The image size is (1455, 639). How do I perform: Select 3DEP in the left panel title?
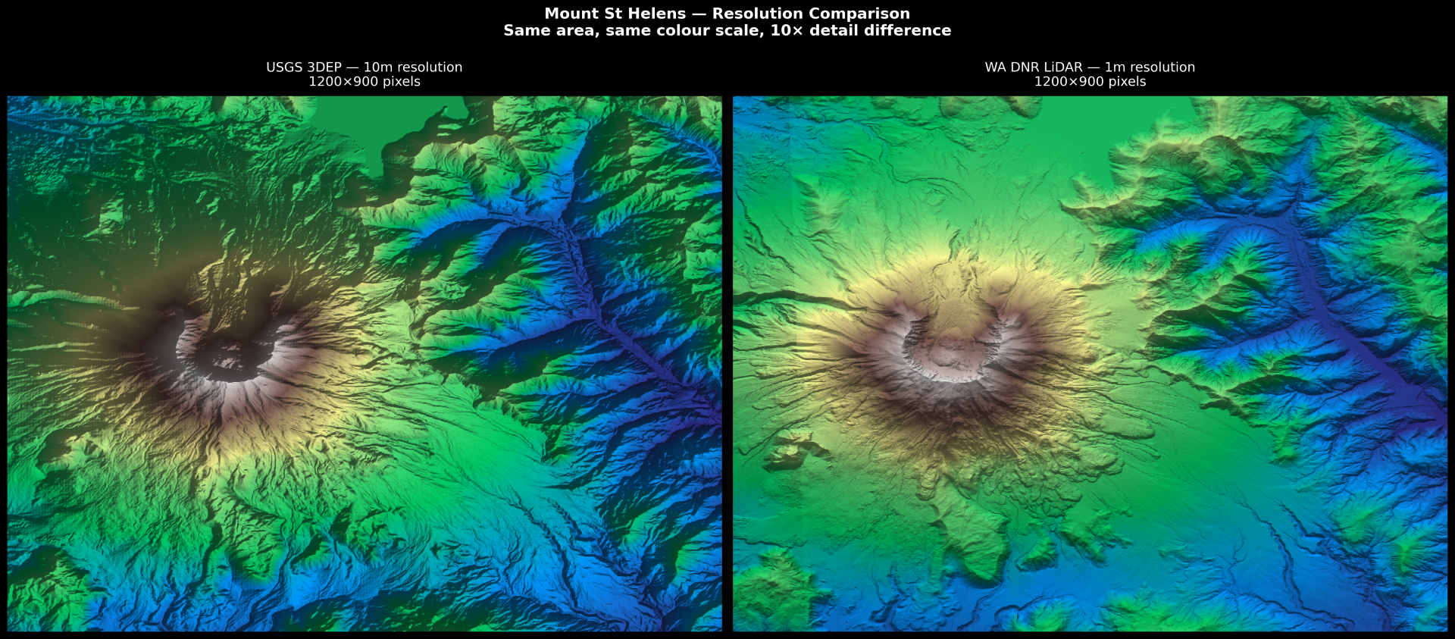324,67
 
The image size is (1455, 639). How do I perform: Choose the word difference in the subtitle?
912,30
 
